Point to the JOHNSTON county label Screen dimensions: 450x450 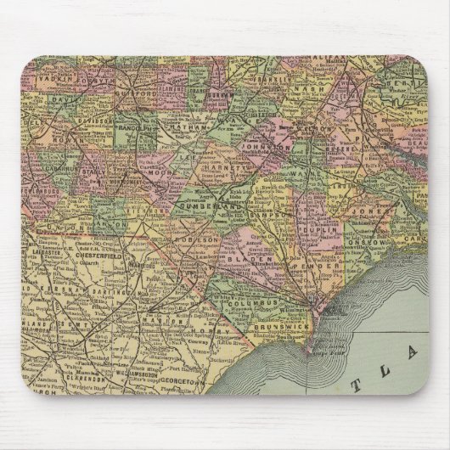tap(274, 145)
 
